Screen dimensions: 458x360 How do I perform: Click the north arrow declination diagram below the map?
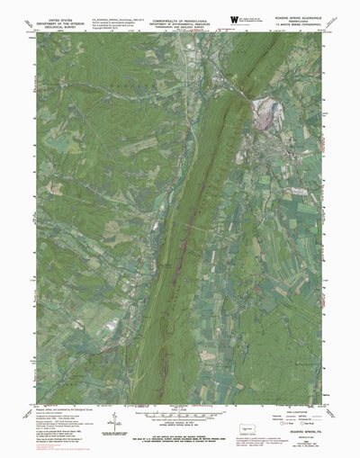118,416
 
